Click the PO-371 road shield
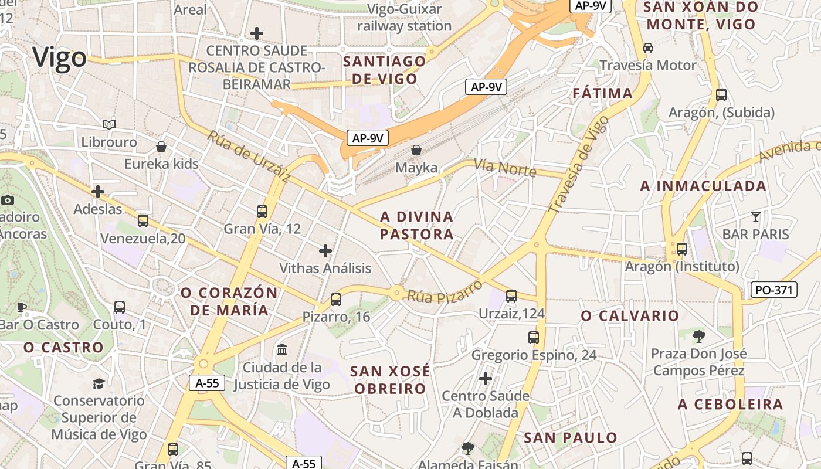[x=774, y=290]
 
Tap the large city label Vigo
[x=59, y=58]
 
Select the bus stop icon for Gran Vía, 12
[x=262, y=212]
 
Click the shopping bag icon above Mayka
[x=416, y=150]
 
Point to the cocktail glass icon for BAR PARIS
[x=755, y=217]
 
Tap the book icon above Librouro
[x=109, y=124]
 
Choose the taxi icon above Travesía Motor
[x=648, y=47]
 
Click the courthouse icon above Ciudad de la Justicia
[x=282, y=350]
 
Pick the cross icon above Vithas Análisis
[x=325, y=251]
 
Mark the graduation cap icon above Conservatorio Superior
[x=99, y=383]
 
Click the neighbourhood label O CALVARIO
[x=630, y=316]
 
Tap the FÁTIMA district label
[x=602, y=93]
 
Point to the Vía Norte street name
[x=505, y=168]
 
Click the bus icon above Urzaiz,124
[x=511, y=296]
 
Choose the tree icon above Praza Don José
[x=698, y=336]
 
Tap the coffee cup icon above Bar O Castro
[x=22, y=307]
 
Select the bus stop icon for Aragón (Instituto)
[x=682, y=249]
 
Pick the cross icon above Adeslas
[x=98, y=192]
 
